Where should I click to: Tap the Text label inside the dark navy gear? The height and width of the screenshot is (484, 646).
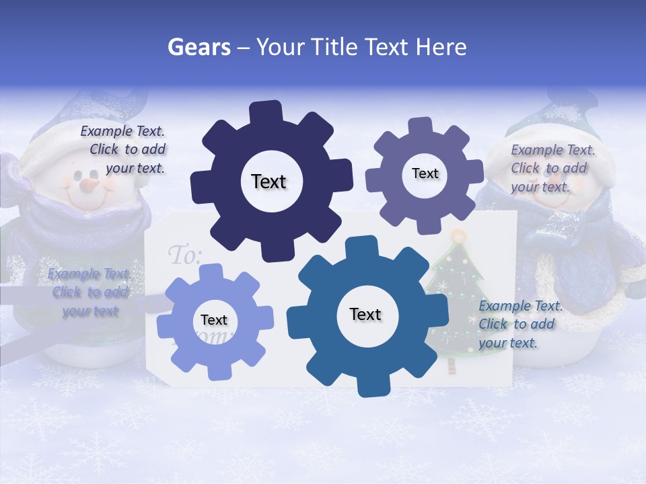[x=268, y=182]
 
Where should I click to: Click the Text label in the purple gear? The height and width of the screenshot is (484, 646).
[x=425, y=173]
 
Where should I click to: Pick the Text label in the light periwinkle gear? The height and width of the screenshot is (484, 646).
[x=214, y=320]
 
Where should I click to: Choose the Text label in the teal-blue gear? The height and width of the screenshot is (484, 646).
[x=365, y=314]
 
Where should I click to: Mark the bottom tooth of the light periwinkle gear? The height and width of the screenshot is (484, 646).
[x=214, y=371]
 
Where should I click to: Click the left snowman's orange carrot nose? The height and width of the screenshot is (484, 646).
[x=89, y=183]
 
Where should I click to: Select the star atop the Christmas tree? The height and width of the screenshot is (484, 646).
[x=459, y=236]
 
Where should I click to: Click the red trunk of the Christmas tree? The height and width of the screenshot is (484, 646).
[x=451, y=365]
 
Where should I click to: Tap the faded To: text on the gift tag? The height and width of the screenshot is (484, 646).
[x=184, y=255]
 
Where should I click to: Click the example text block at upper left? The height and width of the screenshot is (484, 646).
[x=124, y=150]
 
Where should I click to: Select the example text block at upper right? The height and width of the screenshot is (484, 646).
[x=552, y=168]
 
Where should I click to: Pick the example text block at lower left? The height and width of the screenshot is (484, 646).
[x=89, y=292]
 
